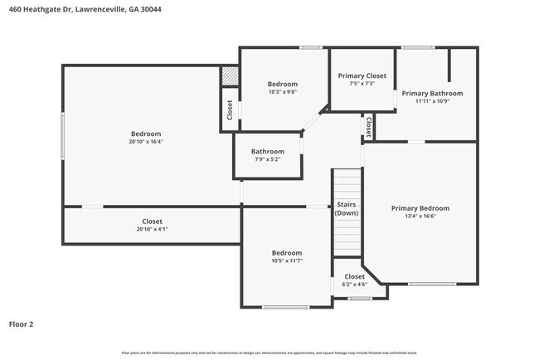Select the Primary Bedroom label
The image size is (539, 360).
coord(420,208)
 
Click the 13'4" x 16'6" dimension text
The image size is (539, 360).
coord(420,217)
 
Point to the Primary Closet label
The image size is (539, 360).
coord(362,75)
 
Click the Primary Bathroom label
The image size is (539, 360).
coord(432,93)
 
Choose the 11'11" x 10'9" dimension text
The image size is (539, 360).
coord(432,102)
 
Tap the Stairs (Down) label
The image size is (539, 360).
coord(347,209)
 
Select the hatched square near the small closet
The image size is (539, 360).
coord(229,75)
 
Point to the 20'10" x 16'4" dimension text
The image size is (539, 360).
coord(146,142)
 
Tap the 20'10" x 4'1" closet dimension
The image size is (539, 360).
coord(152,230)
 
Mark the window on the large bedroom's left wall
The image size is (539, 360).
coord(62,135)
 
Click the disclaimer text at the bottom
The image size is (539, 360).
coord(269,353)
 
